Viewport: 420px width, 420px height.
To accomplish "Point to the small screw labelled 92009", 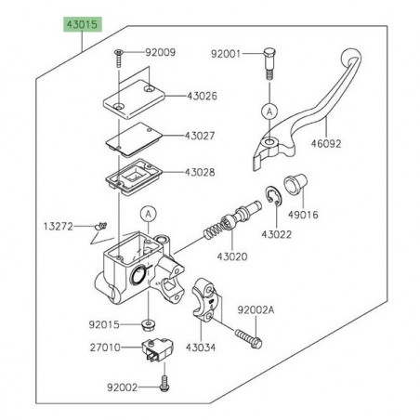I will (x=121, y=58).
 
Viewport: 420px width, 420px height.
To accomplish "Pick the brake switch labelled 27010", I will (x=151, y=352).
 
